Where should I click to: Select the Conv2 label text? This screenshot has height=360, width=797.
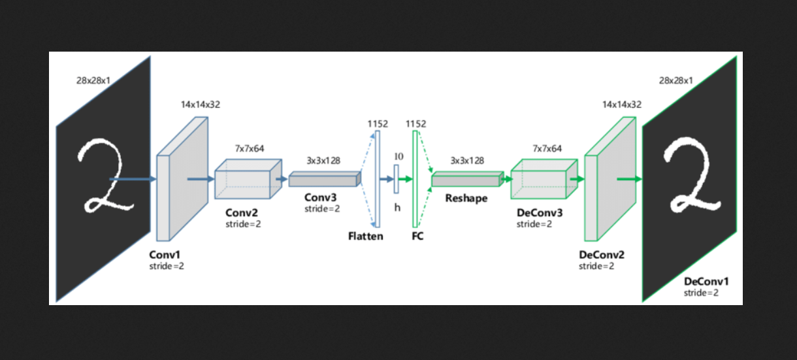242,212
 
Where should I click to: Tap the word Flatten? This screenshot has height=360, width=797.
365,236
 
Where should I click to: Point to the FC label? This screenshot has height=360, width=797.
417,236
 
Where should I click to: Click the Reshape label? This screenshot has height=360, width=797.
466,198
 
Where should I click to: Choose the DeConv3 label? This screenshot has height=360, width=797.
539,213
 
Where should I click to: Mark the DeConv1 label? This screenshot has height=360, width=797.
706,281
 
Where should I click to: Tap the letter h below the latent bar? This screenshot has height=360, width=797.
397,207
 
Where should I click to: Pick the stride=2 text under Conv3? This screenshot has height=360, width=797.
322,208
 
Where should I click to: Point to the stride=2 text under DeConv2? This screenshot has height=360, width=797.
596,266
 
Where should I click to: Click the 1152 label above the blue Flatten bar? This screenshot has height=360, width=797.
378,123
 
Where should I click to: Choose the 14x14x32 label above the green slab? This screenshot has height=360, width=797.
621,105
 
